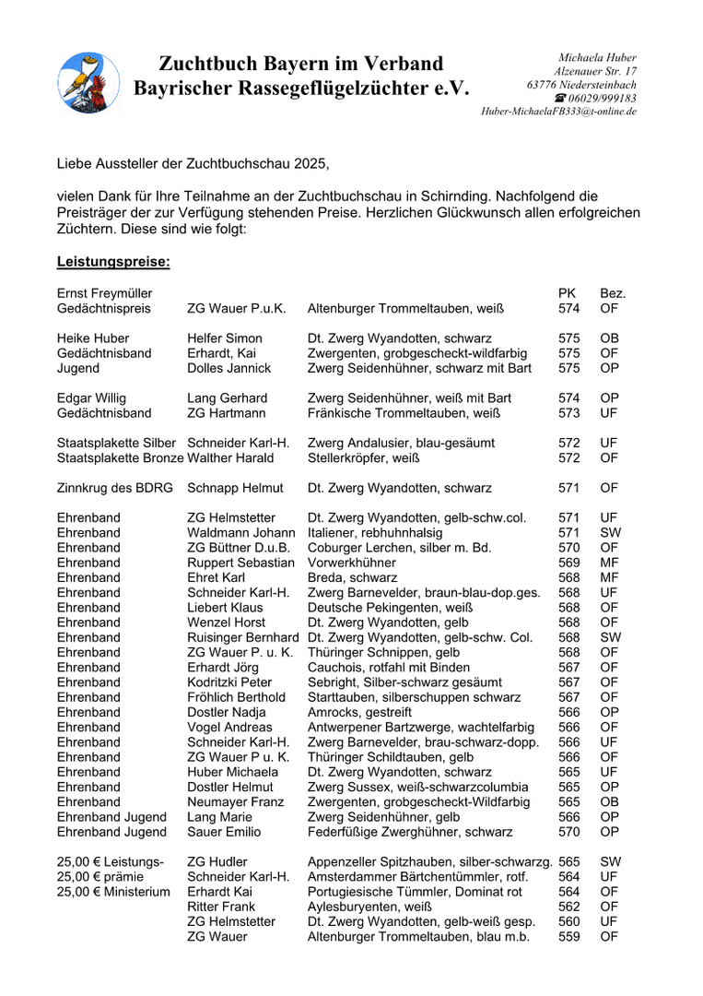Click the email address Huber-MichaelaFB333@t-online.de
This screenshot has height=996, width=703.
[x=558, y=112]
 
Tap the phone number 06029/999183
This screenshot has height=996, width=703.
[x=602, y=98]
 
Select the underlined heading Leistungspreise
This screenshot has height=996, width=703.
[x=113, y=262]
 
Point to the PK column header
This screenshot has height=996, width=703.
[x=568, y=293]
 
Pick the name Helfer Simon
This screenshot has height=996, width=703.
[x=225, y=338]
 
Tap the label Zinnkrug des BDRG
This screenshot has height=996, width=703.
[x=115, y=488]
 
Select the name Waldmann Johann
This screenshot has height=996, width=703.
[x=235, y=533]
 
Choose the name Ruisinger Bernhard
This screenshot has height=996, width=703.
[x=243, y=637]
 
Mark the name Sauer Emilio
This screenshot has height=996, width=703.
[x=224, y=832]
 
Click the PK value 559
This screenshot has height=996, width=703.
[x=569, y=937]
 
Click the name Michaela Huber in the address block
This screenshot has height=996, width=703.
[x=598, y=58]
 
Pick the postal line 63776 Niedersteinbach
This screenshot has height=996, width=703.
[x=581, y=85]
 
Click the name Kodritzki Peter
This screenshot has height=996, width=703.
[x=229, y=682]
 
